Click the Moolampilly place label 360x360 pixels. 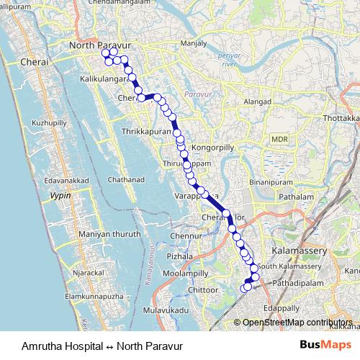184,274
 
